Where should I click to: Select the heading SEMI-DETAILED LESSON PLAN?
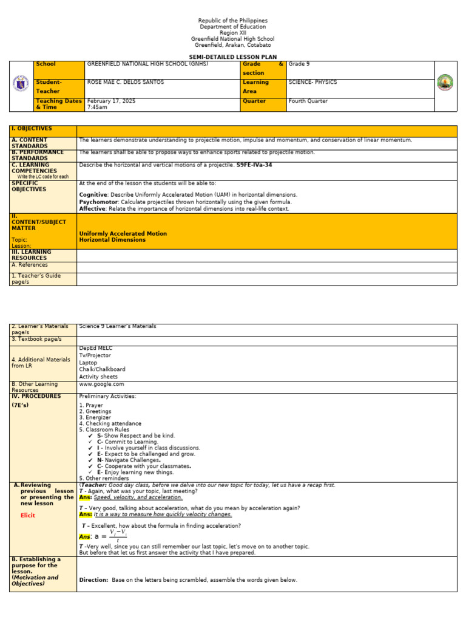[232, 57]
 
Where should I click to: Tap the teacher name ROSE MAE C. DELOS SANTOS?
[126, 82]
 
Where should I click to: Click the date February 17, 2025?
[111, 101]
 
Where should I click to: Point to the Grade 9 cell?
[299, 64]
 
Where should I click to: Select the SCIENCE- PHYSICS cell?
[312, 82]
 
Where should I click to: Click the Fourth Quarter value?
[308, 101]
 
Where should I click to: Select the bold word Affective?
[92, 208]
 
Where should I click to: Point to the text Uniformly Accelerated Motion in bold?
[123, 233]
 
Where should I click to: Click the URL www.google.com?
[101, 384]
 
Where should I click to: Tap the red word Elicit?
[28, 515]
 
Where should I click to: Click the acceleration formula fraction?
[118, 536]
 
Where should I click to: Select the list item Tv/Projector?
[95, 355]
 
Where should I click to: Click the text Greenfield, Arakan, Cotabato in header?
[232, 45]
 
